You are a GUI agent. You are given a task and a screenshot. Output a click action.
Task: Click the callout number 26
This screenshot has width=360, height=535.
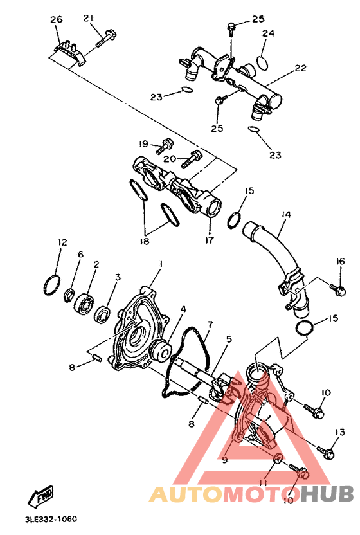[x=56, y=20]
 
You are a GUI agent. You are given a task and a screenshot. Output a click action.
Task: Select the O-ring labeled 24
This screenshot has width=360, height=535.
[x=262, y=62]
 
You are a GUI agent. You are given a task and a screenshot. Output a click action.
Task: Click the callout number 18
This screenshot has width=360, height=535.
[x=145, y=241]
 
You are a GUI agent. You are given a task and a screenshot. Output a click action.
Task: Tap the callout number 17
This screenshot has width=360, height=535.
[x=210, y=242]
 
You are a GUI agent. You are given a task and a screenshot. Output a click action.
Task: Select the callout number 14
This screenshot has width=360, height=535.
[x=286, y=214]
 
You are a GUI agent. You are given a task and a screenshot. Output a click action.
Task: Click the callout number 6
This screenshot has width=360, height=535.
[x=80, y=255]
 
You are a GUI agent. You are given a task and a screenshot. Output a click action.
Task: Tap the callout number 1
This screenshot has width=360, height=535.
[x=161, y=264]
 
